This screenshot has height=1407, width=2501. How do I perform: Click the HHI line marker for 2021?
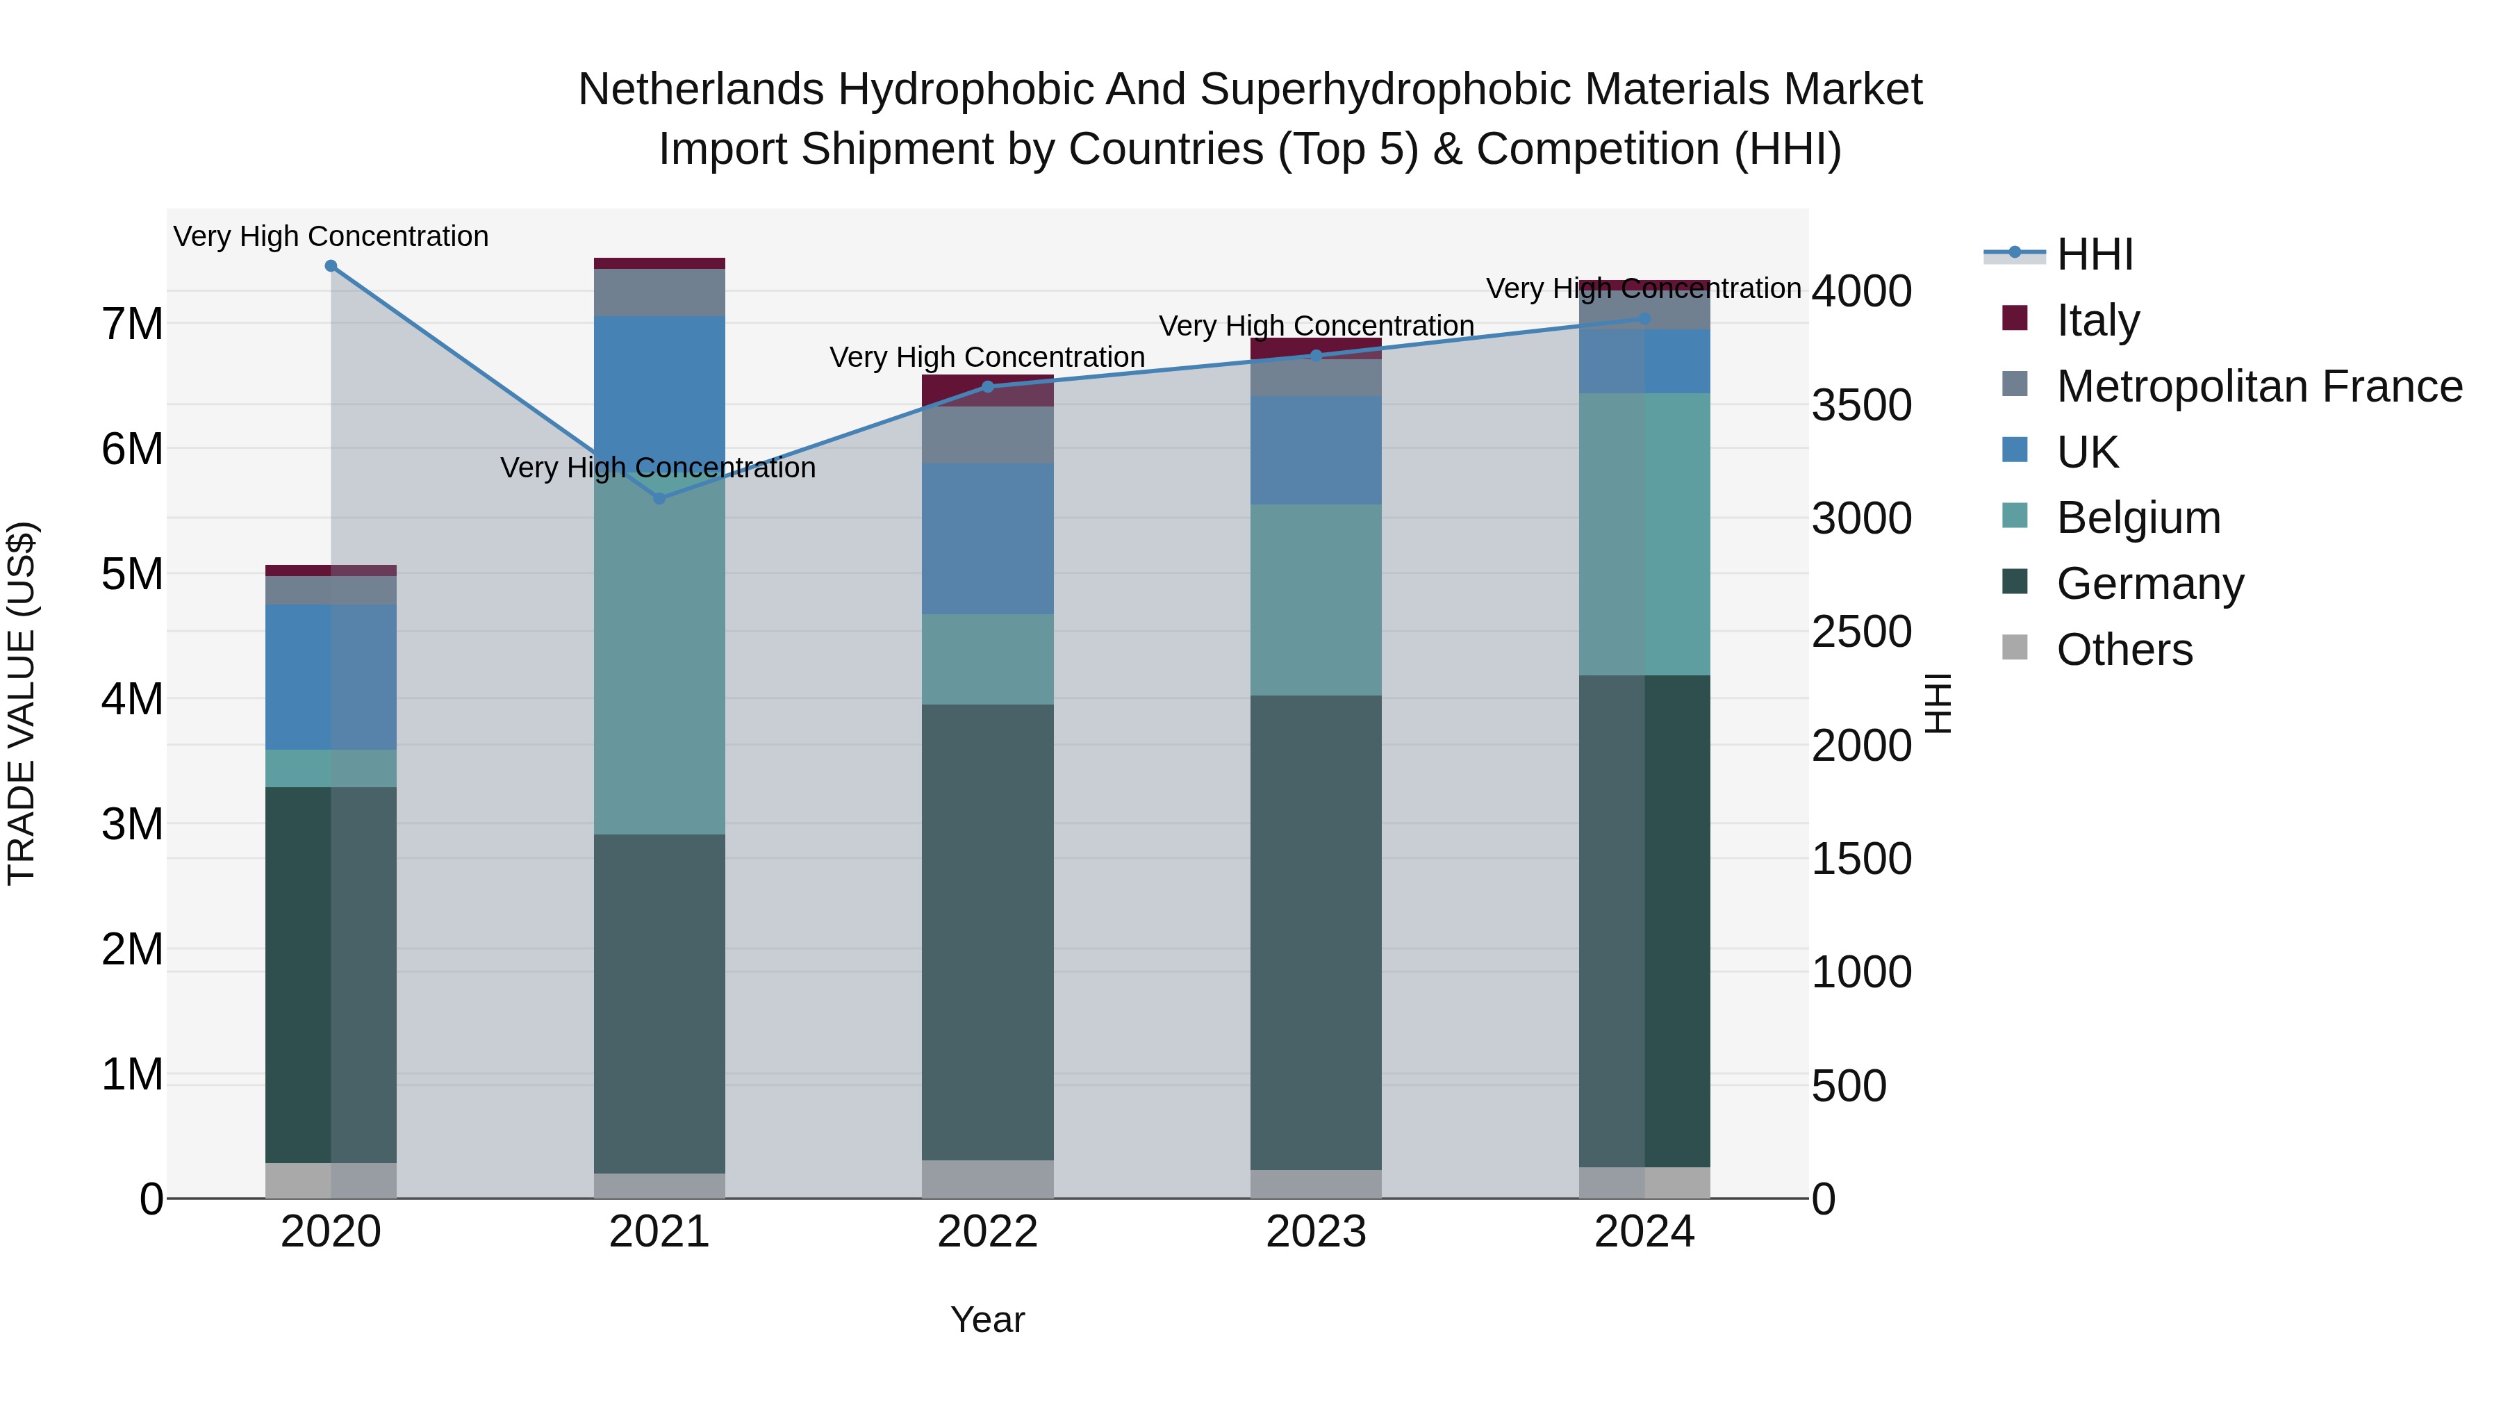659,498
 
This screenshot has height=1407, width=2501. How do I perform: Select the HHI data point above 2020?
331,266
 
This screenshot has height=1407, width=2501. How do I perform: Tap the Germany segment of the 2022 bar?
987,932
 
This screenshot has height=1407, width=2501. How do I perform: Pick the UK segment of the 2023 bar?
1316,450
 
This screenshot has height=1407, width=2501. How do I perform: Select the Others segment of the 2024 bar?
1644,1183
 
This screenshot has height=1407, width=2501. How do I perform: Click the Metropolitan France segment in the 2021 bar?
659,293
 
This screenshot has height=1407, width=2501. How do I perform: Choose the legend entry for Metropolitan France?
2259,386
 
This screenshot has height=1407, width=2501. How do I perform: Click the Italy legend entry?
2097,320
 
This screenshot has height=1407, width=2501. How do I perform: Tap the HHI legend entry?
2094,254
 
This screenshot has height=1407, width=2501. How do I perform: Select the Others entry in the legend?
2123,650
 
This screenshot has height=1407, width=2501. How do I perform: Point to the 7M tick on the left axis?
133,323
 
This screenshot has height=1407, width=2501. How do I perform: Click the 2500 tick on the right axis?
1861,632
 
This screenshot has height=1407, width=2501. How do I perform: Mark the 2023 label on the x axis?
1316,1232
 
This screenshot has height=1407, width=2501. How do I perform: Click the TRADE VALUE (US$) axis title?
22,703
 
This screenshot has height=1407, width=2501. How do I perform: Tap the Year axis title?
987,1319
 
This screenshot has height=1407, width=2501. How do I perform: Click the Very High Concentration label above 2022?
987,357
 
